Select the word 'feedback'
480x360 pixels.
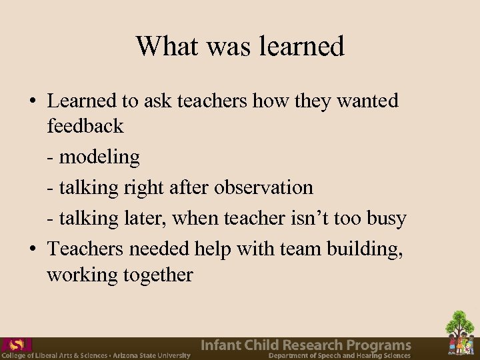pos(85,125)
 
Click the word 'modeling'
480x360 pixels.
pos(99,157)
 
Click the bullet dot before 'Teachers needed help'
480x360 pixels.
pos(32,249)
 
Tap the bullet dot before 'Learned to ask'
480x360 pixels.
pos(32,101)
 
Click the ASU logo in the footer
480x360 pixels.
pos(17,345)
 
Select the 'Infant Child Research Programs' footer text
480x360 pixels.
pos(306,345)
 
